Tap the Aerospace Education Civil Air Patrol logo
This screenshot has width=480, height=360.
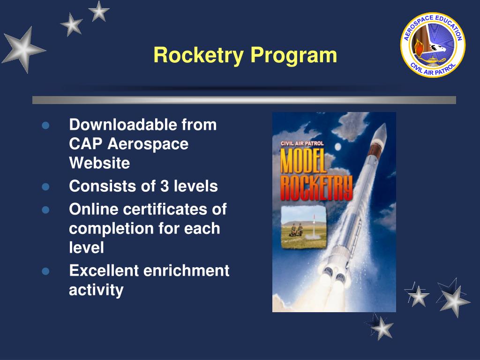433,45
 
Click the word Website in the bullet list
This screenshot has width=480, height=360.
99,163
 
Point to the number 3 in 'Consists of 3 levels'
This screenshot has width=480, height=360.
164,186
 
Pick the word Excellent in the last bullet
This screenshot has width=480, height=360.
104,270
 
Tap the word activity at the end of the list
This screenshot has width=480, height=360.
96,290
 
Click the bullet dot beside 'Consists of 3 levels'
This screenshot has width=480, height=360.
45,187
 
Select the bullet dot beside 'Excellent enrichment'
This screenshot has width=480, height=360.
45,271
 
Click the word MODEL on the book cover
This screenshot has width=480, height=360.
303,161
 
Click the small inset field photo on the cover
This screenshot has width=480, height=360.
303,227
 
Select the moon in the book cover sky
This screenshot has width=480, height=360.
337,147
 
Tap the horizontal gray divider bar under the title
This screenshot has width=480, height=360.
244,100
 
